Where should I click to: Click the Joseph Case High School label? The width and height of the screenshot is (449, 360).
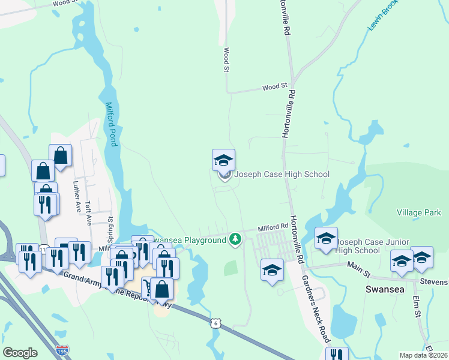[x=282, y=175]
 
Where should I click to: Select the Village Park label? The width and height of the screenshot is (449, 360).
[x=418, y=212]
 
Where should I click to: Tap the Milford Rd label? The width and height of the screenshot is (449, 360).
[x=273, y=228]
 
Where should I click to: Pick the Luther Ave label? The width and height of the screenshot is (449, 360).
[x=77, y=197]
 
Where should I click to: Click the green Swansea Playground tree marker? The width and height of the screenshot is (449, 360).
[x=236, y=240]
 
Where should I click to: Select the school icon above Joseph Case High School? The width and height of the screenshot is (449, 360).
[x=223, y=160]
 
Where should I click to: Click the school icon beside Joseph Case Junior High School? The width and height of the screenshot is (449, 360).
[x=326, y=239]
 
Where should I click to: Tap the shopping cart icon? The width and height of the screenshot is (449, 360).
[x=147, y=287]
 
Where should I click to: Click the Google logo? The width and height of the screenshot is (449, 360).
[x=20, y=353]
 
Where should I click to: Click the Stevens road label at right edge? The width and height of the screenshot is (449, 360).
[x=434, y=281]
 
